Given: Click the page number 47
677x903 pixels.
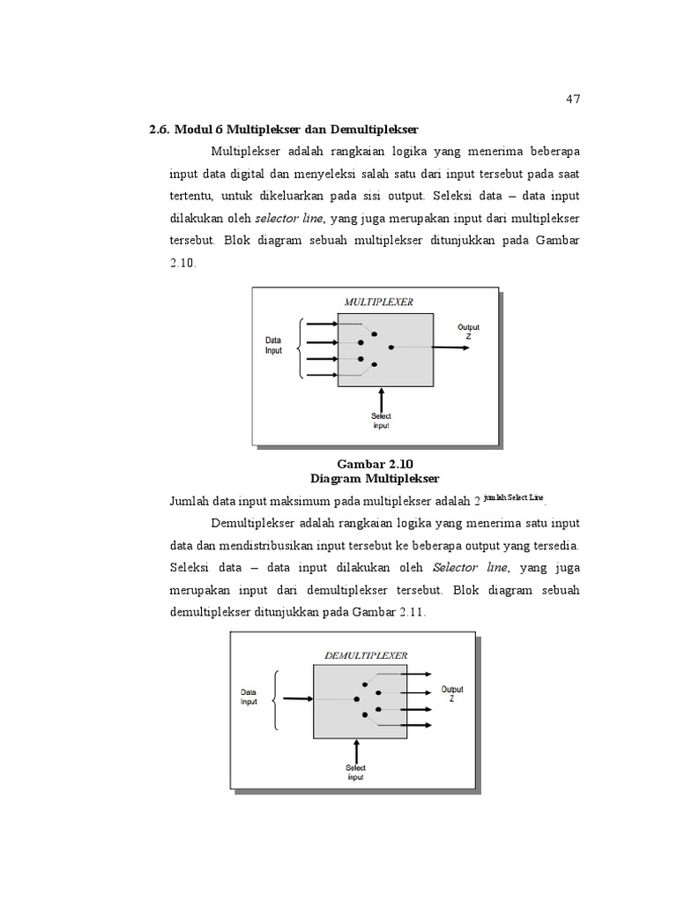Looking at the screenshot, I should click(x=573, y=99).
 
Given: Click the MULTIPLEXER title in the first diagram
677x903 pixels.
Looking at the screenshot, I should click(x=378, y=302).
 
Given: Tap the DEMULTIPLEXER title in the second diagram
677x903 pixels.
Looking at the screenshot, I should click(x=366, y=655).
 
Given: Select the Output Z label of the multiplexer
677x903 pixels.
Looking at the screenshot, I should click(x=468, y=332).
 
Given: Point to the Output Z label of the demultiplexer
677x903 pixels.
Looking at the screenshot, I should click(x=452, y=694).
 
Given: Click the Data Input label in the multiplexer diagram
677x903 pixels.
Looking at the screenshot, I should click(x=274, y=345).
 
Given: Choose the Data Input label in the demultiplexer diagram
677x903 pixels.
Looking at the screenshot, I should click(x=249, y=698).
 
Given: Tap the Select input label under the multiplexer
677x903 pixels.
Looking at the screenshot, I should click(x=381, y=421).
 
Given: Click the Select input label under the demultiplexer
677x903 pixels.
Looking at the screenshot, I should click(x=355, y=772).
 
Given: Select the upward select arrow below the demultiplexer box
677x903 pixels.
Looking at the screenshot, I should click(x=356, y=751).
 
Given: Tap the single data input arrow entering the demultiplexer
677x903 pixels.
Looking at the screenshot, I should click(x=298, y=699).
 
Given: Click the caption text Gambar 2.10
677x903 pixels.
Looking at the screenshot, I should click(x=375, y=464).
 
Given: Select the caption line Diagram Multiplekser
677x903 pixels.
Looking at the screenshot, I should click(x=375, y=478).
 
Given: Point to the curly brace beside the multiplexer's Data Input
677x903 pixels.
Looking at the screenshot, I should click(x=301, y=348).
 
